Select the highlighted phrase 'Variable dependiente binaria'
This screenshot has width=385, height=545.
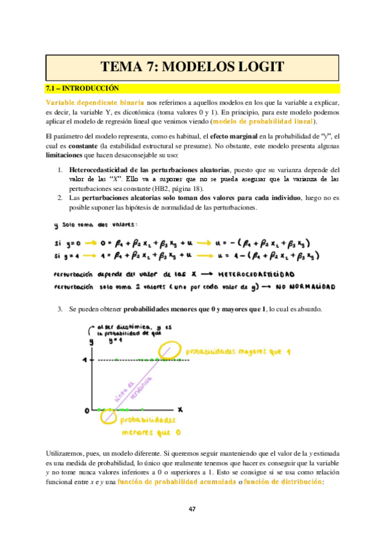point(94,102)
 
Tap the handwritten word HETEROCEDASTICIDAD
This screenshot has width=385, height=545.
point(255,273)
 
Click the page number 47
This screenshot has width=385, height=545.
point(192,509)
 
